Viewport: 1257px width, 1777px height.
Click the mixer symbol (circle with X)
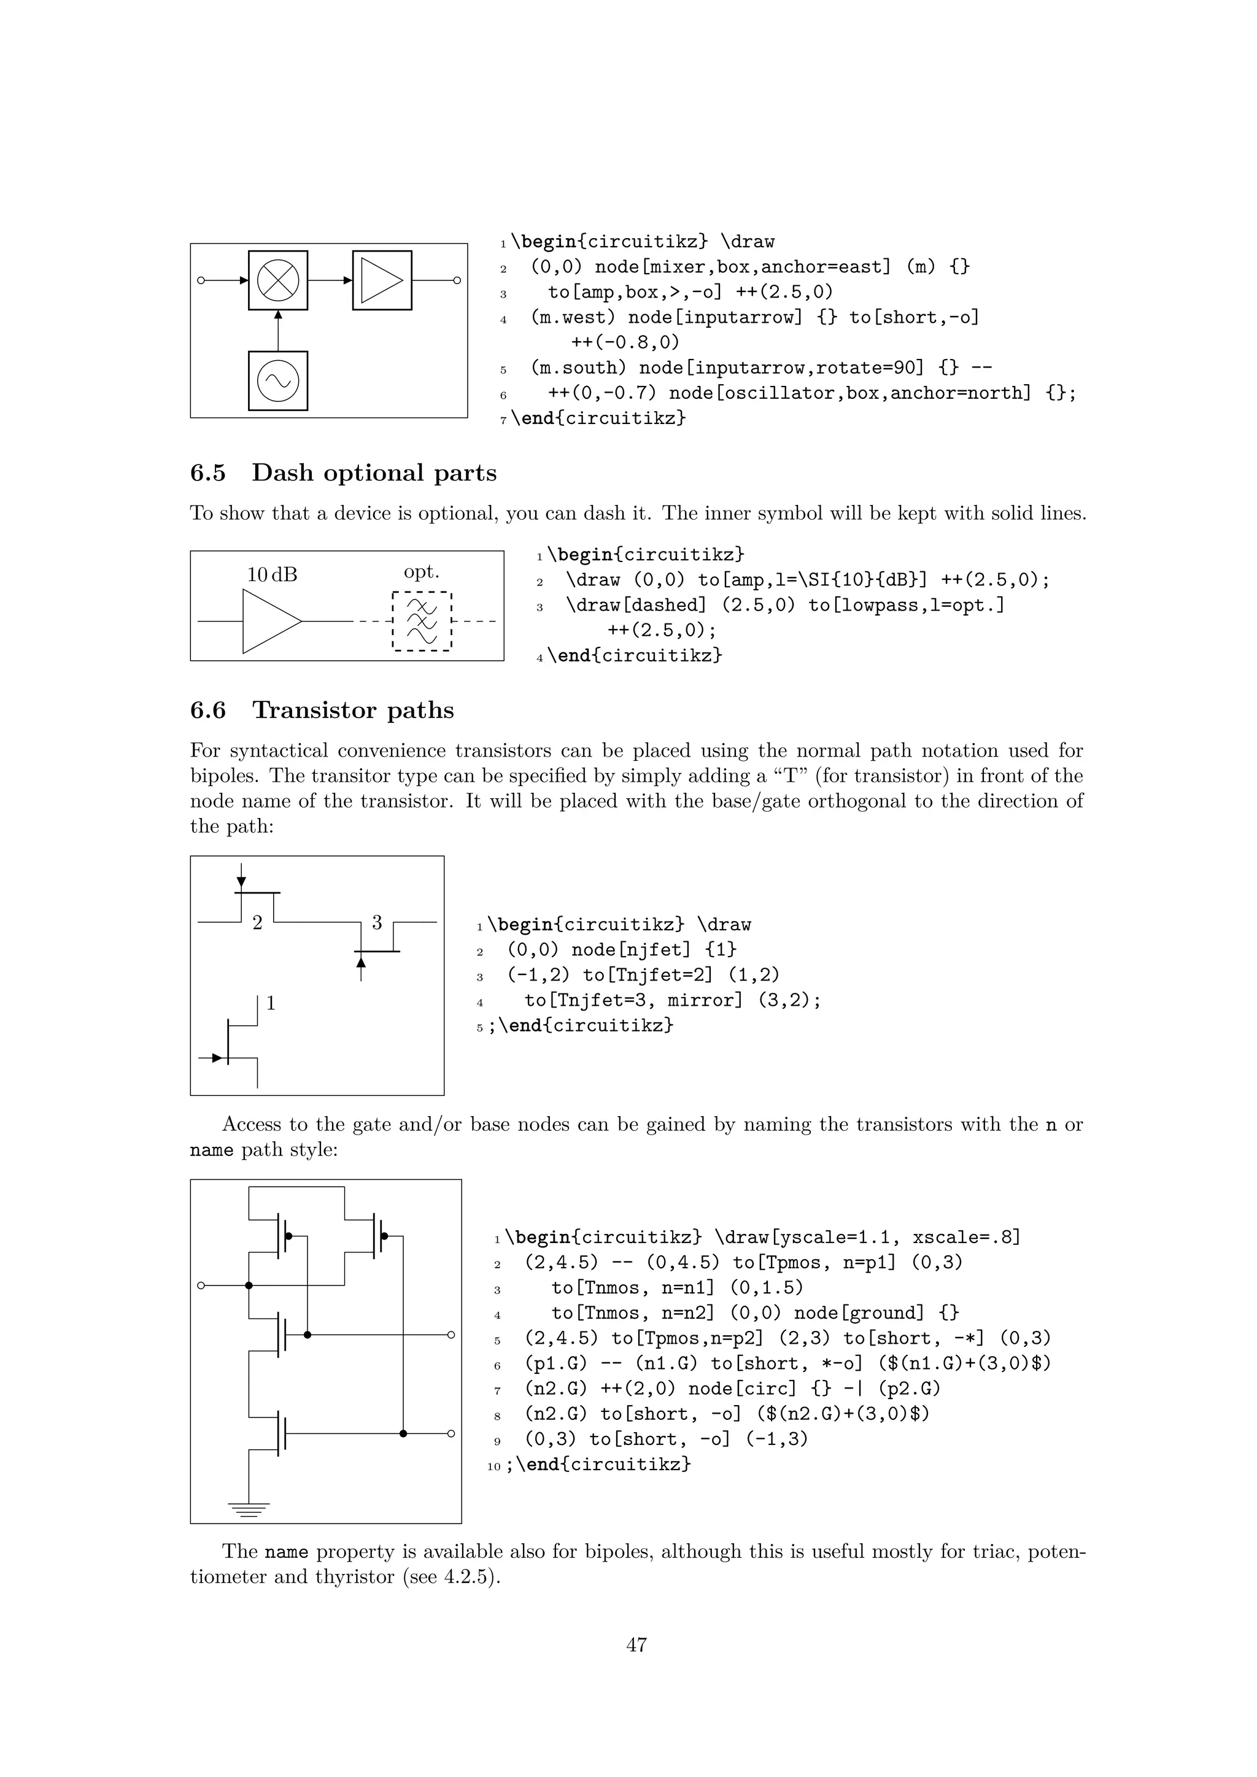tap(278, 280)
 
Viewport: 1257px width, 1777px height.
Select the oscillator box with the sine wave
tap(278, 381)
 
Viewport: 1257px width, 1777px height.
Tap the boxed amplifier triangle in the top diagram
tap(382, 280)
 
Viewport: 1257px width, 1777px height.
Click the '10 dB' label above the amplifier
tap(272, 574)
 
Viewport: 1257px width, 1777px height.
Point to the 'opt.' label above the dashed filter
tap(421, 572)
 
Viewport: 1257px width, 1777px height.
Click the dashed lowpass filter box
tap(422, 622)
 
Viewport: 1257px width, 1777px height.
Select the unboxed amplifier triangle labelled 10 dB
tap(271, 622)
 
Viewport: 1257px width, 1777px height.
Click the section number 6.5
tap(207, 473)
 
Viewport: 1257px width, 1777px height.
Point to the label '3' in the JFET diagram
tap(377, 922)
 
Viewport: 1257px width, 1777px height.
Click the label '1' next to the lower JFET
tap(271, 1003)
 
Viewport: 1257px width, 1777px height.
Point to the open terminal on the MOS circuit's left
tap(201, 1286)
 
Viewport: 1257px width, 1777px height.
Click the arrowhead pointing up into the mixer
tap(278, 314)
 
